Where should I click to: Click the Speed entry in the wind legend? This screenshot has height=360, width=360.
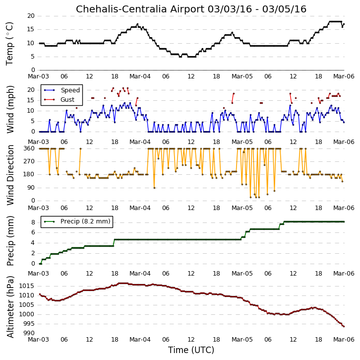(70, 90)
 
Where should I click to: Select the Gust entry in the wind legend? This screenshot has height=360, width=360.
(67, 99)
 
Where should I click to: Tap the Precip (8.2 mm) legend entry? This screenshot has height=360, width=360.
(85, 221)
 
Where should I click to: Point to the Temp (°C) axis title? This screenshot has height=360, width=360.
(9, 44)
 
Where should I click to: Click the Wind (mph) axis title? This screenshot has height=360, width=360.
(10, 109)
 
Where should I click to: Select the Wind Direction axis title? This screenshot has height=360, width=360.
(10, 175)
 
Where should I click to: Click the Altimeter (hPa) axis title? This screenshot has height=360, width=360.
(10, 307)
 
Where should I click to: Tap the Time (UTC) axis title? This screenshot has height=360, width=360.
(191, 350)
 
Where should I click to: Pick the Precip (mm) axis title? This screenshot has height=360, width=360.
(10, 241)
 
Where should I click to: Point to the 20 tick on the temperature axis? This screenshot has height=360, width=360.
(31, 16)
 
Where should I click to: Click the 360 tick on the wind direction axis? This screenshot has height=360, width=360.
(29, 148)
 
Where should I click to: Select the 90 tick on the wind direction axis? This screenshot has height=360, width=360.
(31, 188)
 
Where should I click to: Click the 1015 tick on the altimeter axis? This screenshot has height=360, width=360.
(26, 286)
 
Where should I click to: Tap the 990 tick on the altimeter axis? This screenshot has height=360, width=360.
(28, 333)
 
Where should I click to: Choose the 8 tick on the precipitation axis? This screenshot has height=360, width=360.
(33, 222)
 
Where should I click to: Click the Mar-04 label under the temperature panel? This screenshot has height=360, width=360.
(140, 76)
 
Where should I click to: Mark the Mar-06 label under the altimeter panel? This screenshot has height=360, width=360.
(344, 340)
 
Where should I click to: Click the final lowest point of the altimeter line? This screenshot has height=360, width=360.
(344, 326)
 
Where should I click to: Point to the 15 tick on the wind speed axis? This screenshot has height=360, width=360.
(31, 100)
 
